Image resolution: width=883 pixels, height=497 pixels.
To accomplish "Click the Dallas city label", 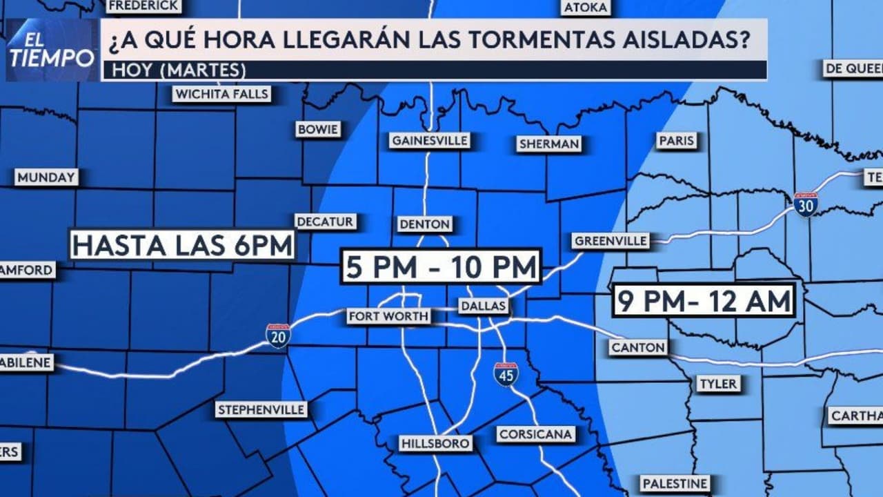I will pos(484,306).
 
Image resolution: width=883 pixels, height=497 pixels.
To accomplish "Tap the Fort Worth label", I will pos(389,316).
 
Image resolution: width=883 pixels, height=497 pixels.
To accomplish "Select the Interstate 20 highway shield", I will pos(277,335).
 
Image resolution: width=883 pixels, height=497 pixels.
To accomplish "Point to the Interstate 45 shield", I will pos(506,373).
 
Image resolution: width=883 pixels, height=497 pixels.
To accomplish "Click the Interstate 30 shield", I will pos(805,204).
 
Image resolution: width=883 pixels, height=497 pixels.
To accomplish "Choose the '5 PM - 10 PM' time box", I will pos(441,266).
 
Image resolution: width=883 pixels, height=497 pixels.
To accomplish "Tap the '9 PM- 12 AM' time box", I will pos(703,300).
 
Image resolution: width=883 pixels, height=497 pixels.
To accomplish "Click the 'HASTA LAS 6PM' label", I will pos(183,245).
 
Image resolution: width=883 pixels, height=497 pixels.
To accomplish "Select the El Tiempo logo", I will pos(52,50).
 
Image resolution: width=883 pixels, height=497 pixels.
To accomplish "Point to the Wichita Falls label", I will pos(221,94).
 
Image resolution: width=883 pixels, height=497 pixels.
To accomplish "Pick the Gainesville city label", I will pos(430,140).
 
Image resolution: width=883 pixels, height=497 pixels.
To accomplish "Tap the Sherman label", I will pos(549,144).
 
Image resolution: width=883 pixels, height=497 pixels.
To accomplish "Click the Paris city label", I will pos(675,140).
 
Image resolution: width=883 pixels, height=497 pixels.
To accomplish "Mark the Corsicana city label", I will pos(535,434).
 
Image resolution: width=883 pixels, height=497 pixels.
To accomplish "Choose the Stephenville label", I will pos(261,409).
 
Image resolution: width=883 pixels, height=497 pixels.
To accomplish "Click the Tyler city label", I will pos(718,383).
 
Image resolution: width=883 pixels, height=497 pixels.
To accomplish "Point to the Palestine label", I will pos(674,483).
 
